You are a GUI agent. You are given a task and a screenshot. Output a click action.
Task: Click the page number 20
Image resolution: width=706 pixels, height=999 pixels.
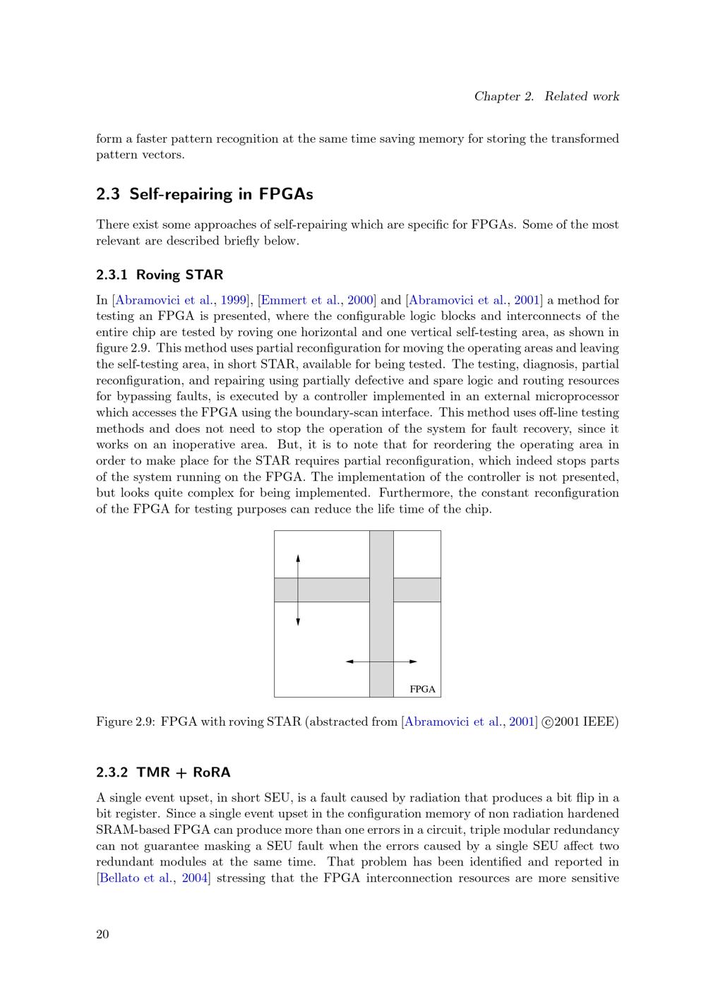(102, 935)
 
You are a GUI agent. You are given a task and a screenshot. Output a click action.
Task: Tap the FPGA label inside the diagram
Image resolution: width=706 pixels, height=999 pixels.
(422, 689)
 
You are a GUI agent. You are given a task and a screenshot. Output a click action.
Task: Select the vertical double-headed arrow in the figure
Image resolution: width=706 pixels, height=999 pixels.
(298, 590)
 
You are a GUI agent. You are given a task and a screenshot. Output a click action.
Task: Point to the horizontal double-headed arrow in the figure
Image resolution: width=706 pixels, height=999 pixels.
(381, 662)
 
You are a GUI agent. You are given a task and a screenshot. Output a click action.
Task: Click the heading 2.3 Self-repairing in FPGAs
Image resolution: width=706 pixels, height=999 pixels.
(205, 194)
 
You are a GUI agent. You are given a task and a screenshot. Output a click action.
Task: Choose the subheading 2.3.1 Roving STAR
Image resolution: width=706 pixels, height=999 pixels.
(160, 275)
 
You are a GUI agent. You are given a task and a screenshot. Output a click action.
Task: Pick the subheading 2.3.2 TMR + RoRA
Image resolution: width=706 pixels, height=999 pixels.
(163, 772)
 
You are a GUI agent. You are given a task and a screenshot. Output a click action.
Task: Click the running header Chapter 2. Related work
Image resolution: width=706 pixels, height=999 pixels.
(546, 97)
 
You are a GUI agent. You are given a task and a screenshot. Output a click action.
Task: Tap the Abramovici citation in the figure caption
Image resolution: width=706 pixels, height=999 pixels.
(469, 722)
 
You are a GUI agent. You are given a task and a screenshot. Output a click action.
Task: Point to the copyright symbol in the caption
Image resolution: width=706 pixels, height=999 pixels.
(547, 722)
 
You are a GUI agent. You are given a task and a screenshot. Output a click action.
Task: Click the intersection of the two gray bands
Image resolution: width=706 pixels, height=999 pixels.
(381, 590)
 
